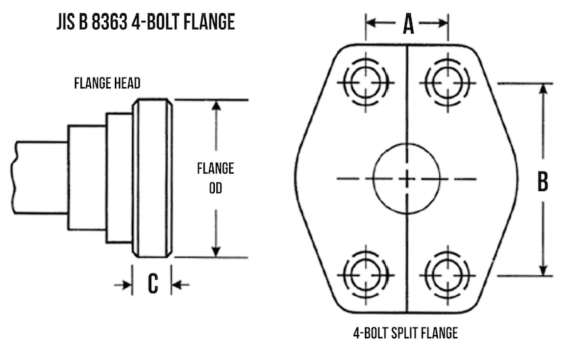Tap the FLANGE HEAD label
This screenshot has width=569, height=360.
pos(107,84)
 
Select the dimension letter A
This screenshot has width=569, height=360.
pos(407,24)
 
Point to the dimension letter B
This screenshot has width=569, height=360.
pos(542,181)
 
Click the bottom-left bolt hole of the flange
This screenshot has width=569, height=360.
pos(366,275)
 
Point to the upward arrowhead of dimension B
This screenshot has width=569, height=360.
pos(543,90)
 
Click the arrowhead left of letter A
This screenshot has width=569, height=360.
pos(371,23)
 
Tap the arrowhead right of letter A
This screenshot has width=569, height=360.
pos(443,23)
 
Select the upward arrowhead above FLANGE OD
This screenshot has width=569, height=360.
pos(216,107)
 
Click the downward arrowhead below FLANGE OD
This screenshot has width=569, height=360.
pos(216,251)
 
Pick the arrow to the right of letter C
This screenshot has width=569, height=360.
pos(178,284)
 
